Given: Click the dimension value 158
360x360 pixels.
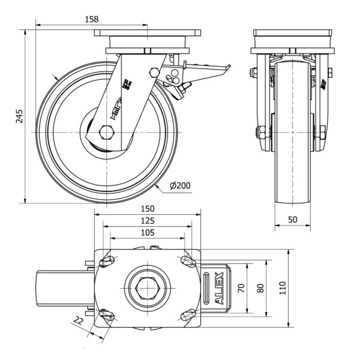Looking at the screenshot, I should click(x=92, y=19).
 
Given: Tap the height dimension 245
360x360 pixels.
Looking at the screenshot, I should click(x=19, y=116).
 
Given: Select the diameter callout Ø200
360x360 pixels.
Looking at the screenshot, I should click(x=180, y=186).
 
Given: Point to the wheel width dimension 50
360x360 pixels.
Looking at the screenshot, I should click(x=293, y=220).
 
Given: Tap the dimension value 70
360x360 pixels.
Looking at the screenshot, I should click(x=241, y=288).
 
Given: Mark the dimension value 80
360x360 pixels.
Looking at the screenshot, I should click(x=260, y=288).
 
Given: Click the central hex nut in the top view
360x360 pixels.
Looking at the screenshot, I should click(x=146, y=288).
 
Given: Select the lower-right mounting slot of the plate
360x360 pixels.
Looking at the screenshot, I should click(x=187, y=315).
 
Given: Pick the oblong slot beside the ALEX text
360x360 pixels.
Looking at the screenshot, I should click(x=208, y=288).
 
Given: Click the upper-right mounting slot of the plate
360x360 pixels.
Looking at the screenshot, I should click(x=186, y=261).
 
